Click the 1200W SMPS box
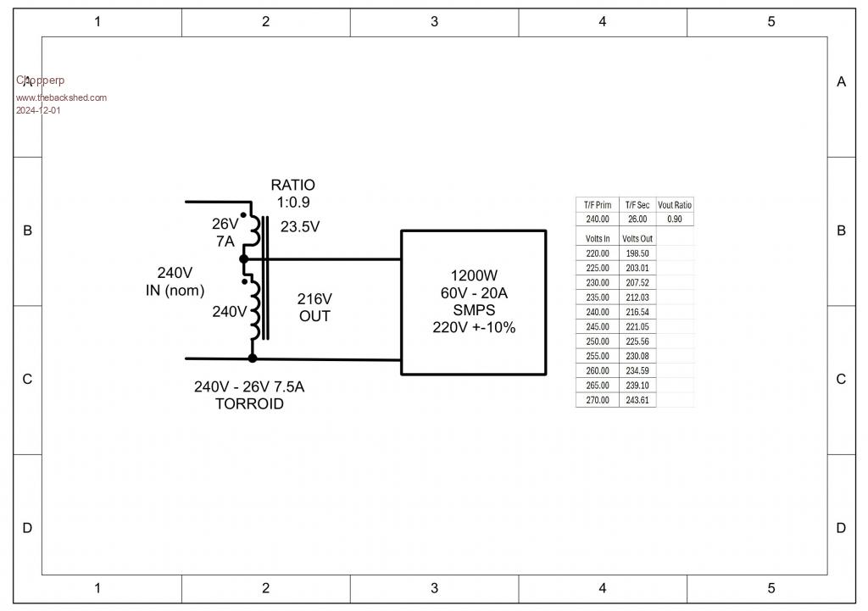[x=473, y=302]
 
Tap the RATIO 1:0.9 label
[x=292, y=193]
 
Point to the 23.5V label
[x=300, y=227]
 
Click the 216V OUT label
[x=314, y=308]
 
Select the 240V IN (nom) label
[x=175, y=281]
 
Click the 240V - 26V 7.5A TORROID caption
[x=249, y=395]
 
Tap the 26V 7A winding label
[x=225, y=232]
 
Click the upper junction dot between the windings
[x=244, y=258]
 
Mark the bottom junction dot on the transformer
[x=252, y=358]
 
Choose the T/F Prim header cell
[x=598, y=205]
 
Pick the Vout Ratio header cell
[x=675, y=205]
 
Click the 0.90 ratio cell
[x=675, y=219]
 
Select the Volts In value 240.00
[x=598, y=312]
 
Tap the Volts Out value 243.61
[x=637, y=400]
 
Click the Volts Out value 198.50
[x=637, y=253]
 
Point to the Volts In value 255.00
[x=598, y=356]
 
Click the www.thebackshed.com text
[x=61, y=97]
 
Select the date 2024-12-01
[x=38, y=110]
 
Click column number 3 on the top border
[x=434, y=22]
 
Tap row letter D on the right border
[x=841, y=528]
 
